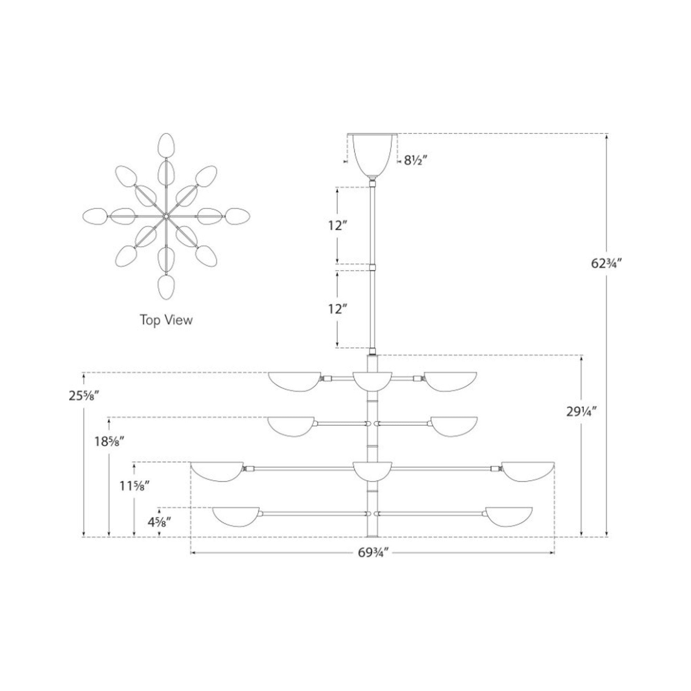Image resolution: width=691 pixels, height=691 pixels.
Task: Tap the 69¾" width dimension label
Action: tap(373, 563)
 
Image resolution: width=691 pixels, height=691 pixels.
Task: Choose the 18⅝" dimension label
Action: tap(108, 442)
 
